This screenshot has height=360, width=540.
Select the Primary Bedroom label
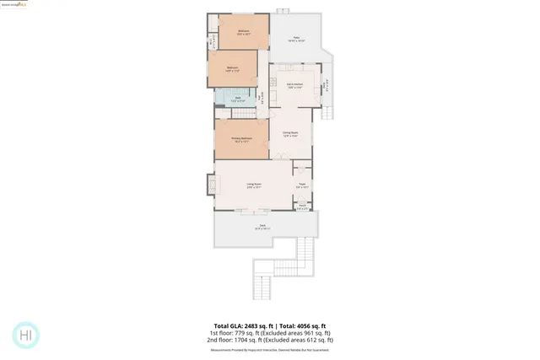coord(242,140)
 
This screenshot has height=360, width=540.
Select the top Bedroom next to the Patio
coord(243,33)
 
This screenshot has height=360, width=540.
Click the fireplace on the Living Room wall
coord(211,183)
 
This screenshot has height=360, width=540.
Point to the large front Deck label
coord(262,226)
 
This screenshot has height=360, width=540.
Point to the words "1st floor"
coord(223,333)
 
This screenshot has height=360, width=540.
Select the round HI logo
coord(26,335)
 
